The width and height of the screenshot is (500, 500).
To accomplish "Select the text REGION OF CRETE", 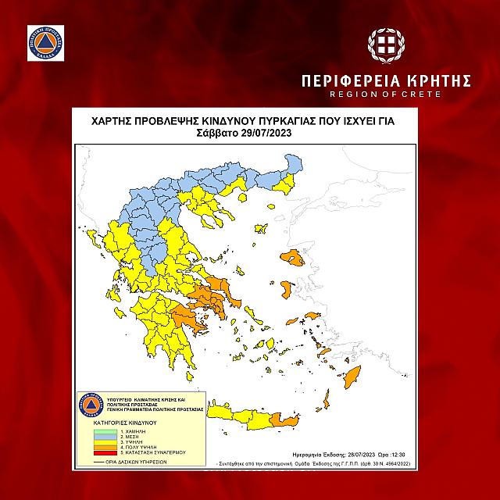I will [387, 94].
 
